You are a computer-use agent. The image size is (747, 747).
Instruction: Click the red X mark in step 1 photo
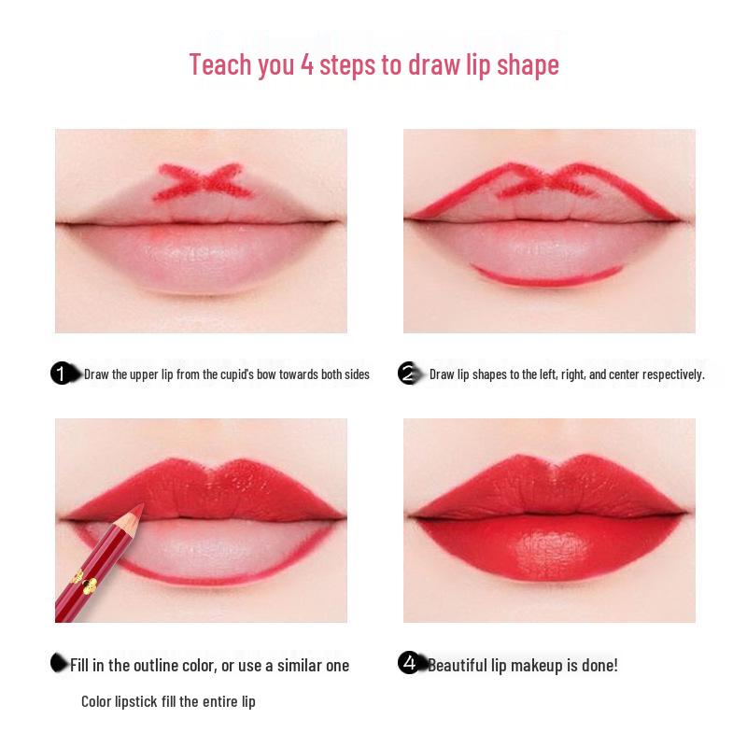(x=203, y=181)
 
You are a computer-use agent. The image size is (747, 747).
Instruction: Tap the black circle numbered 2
(x=408, y=373)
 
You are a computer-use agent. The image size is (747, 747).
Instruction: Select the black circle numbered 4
(x=409, y=663)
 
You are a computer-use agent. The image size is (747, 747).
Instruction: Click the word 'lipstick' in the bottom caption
(x=141, y=701)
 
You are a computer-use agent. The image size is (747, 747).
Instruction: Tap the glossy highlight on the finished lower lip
(x=551, y=541)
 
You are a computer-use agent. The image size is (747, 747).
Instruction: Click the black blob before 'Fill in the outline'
(x=60, y=662)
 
